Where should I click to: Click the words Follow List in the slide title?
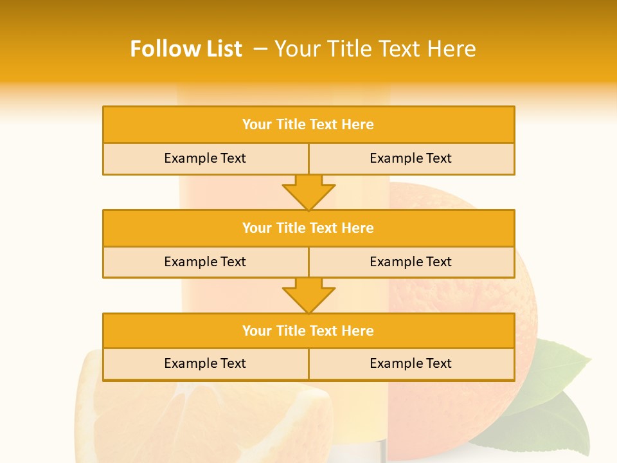pos(186,49)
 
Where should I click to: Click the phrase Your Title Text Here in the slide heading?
pos(375,49)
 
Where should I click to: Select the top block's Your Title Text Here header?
pos(308,125)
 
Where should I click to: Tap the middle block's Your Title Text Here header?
pos(308,228)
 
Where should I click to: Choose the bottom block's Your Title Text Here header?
pos(308,331)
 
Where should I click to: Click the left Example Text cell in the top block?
pos(205,158)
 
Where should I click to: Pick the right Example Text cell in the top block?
pos(411,158)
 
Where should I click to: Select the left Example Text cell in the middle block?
pos(205,262)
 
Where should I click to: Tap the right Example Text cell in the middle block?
pos(411,262)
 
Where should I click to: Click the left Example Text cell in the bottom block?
pos(205,363)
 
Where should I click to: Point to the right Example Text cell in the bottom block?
pos(411,363)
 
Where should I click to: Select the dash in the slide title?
pos(260,49)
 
